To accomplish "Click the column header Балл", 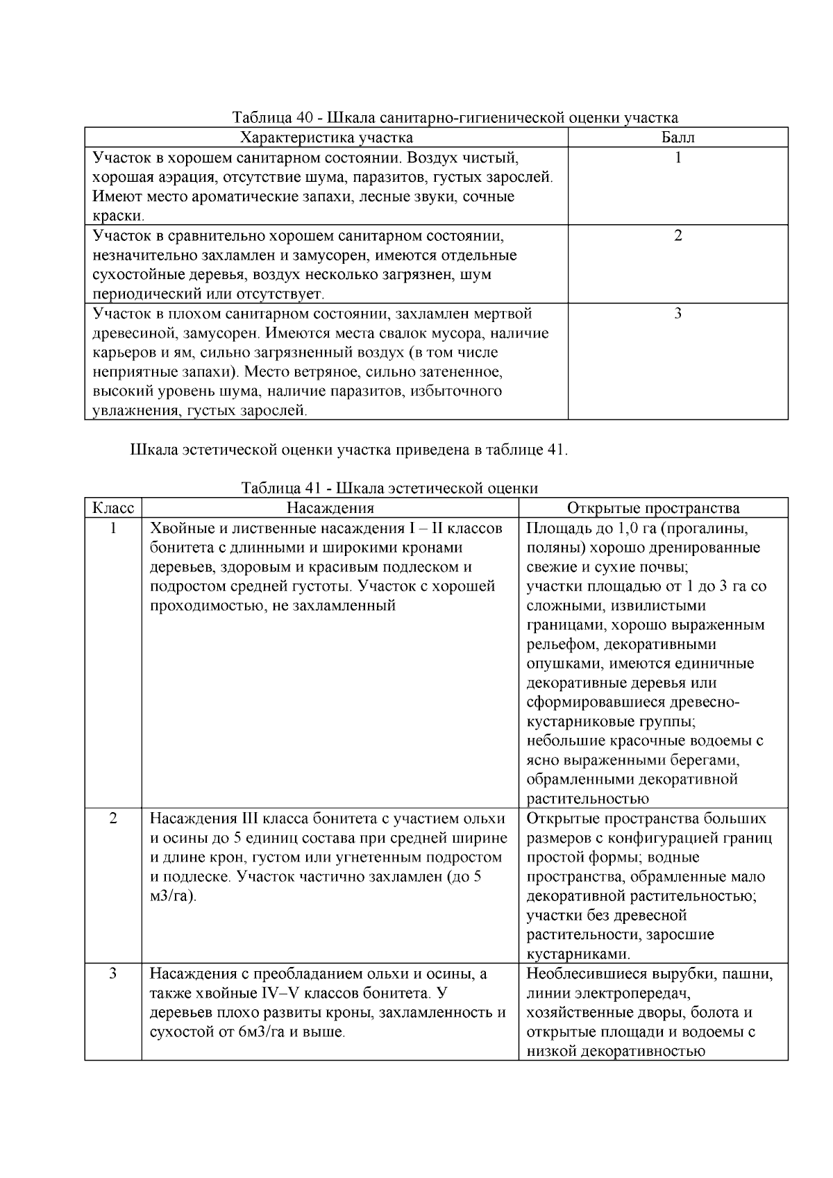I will tap(678, 137).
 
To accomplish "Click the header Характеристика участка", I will tap(326, 137).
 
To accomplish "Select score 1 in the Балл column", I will tap(678, 158).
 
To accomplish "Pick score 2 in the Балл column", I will tap(678, 235).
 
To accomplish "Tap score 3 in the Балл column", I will tap(678, 313).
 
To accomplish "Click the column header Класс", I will tap(113, 508).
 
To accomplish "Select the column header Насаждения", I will tap(330, 508).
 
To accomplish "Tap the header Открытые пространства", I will tap(653, 508).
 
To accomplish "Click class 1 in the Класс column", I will tap(113, 528).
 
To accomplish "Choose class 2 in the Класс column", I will tap(113, 818).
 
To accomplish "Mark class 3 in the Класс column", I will tap(113, 973).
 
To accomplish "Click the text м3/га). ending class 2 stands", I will tap(173, 896).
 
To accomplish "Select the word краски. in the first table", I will tap(114, 216).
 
